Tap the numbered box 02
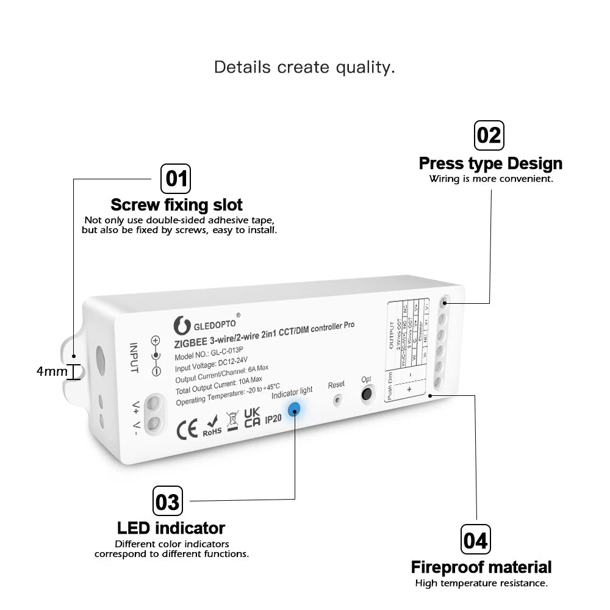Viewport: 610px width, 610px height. pos(489,135)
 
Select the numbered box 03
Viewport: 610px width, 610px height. pos(167,501)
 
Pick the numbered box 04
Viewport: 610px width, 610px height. pos(475,540)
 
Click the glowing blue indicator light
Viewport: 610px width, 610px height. pos(295,409)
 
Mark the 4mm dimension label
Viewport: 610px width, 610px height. pos(52,371)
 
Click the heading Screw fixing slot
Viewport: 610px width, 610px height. pos(176,205)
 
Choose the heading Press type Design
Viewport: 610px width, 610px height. pos(490,163)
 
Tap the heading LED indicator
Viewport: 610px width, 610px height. pos(171,528)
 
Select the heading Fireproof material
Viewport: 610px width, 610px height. pos(481,567)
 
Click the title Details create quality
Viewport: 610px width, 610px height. pos(304,67)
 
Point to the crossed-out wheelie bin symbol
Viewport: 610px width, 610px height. pos(232,422)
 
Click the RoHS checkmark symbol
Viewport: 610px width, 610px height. pos(212,425)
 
